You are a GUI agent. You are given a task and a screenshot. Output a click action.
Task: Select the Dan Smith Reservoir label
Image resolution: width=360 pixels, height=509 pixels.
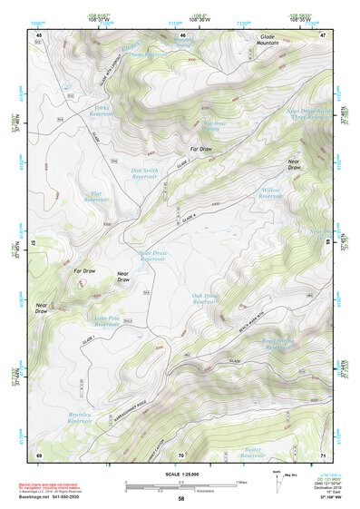pos(150,172)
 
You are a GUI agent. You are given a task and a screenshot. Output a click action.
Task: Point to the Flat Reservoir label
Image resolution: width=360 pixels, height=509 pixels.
pos(96,196)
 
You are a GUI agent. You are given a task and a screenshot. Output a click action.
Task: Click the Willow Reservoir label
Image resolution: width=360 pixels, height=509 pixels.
pos(272,192)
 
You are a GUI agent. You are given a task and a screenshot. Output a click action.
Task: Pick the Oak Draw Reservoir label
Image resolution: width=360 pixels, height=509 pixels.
pos(207,299)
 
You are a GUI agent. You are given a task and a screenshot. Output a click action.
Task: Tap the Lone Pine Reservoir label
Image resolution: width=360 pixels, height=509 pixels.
pos(108,320)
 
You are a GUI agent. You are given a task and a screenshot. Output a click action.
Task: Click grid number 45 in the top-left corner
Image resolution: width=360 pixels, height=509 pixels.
pos(39,34)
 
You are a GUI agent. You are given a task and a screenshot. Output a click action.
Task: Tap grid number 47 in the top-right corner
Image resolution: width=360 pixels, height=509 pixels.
pos(323,34)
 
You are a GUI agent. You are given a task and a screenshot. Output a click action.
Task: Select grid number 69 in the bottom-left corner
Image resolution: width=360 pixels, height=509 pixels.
pos(39,455)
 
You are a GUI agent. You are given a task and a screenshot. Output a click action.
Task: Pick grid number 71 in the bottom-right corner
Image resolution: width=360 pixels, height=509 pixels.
pos(323,455)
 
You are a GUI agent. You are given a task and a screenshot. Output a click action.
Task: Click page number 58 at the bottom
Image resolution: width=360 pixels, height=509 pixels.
pos(181,499)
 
